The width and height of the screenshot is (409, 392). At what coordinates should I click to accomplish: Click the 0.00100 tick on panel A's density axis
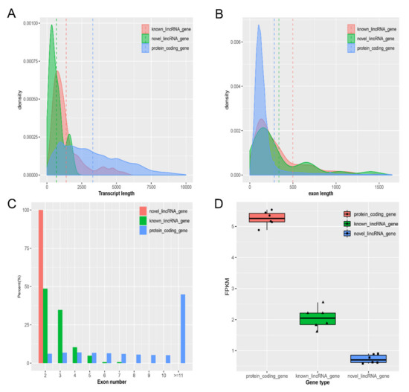coord(33,24)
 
